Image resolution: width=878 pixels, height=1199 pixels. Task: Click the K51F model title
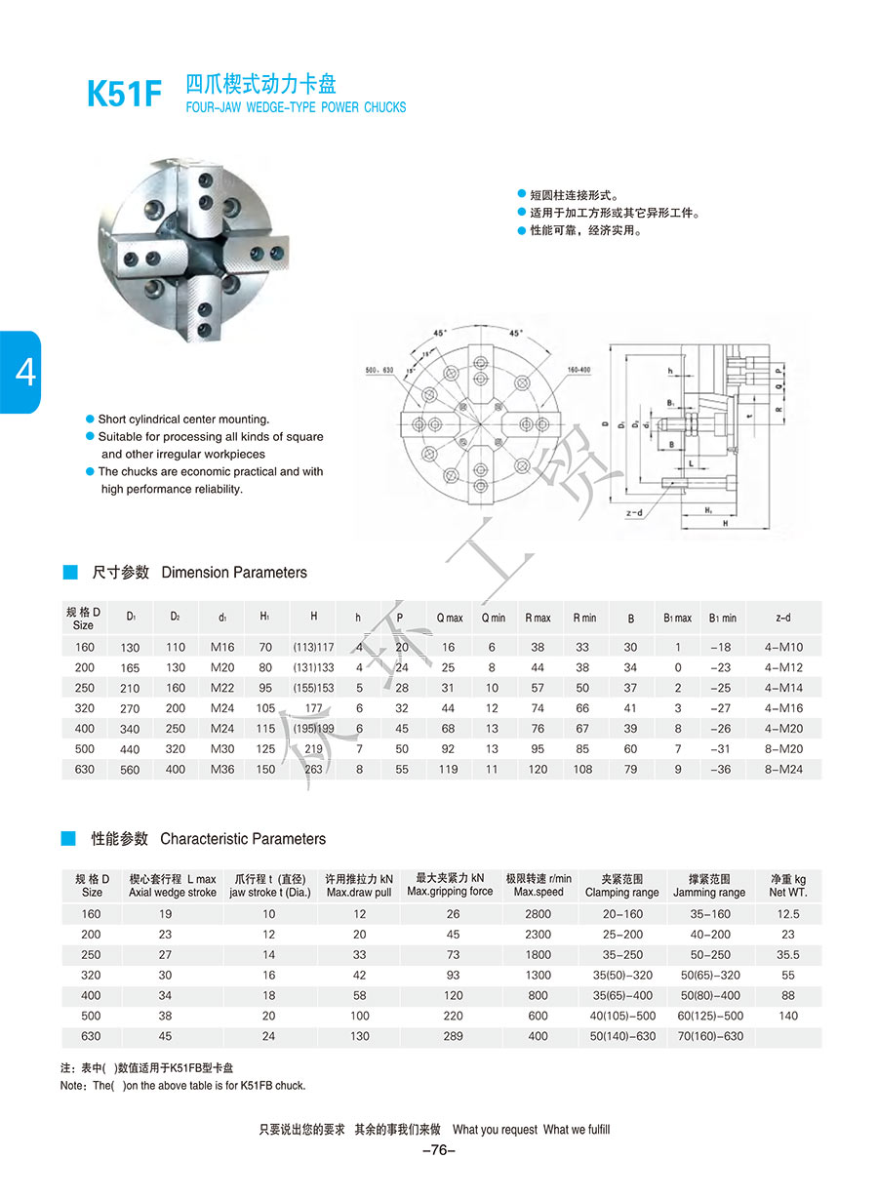[123, 94]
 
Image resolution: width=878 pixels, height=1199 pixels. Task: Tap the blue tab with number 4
[20, 372]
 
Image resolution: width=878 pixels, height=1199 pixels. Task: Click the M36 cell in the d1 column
[222, 770]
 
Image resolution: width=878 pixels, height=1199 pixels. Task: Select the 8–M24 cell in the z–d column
[783, 770]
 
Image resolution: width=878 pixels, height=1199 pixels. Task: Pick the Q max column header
[450, 618]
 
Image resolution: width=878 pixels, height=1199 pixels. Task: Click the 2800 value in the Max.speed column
[538, 914]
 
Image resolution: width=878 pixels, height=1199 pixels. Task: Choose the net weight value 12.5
[788, 914]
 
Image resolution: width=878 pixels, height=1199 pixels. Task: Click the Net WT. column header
[788, 886]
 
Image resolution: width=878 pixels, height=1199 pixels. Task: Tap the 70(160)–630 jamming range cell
[709, 1036]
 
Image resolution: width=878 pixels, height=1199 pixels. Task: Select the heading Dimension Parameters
[234, 573]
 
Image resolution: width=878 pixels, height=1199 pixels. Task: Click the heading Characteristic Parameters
[243, 839]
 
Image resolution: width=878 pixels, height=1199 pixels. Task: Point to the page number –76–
[439, 1150]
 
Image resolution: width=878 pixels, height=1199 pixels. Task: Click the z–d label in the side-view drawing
[635, 513]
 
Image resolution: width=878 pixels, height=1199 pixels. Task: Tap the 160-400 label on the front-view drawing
[579, 370]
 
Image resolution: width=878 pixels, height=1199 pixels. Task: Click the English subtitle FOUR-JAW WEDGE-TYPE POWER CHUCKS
[296, 107]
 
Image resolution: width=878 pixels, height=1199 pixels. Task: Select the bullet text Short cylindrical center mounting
[183, 420]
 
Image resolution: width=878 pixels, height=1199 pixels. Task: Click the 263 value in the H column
[314, 770]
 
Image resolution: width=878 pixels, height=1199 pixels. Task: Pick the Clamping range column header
[621, 886]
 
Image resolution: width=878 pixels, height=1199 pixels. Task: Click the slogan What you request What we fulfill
[532, 1130]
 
